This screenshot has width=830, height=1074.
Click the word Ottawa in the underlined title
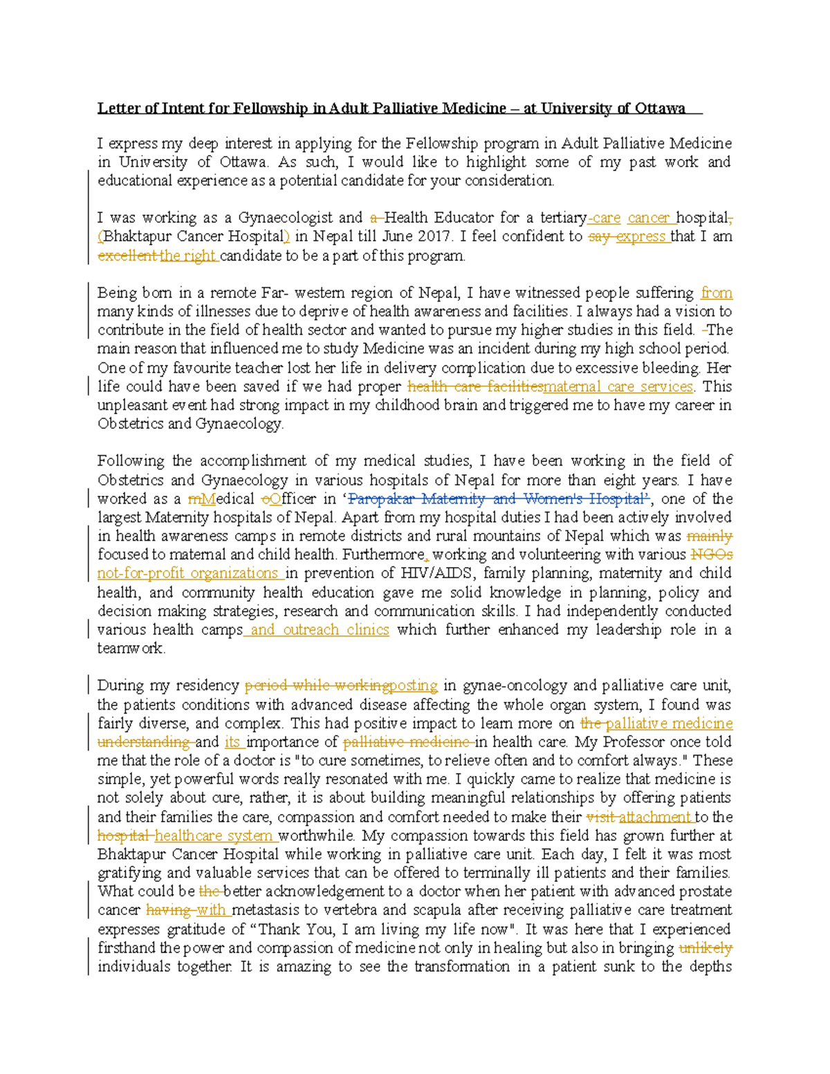(660, 108)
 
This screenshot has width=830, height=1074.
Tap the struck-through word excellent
(127, 256)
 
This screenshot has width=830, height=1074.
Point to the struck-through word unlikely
(705, 948)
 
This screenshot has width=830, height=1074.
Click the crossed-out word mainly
(710, 536)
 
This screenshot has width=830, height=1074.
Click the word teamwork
(130, 649)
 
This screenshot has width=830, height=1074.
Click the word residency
(207, 686)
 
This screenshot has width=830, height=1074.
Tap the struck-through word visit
(600, 817)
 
